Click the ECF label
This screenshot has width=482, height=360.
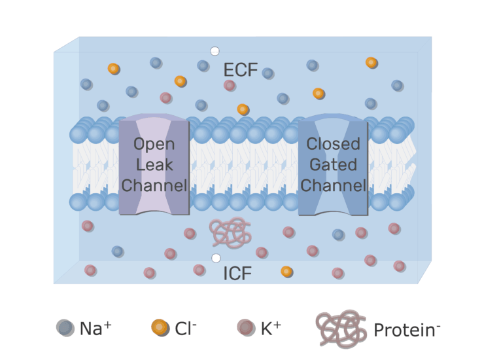point(241,70)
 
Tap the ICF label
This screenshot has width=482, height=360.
point(237,273)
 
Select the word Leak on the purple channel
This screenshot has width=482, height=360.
point(154,164)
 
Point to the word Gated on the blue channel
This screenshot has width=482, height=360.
point(334,164)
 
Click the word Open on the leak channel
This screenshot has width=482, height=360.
point(154,145)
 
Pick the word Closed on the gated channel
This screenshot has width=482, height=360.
point(334,144)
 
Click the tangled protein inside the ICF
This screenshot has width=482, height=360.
point(230,232)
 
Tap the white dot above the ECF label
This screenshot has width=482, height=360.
point(215,51)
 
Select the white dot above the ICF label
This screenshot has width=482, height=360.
point(216,258)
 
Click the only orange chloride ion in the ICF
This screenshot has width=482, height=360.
point(286,272)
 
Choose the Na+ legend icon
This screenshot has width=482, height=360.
point(65,328)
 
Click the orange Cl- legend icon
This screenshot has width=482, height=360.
point(160,328)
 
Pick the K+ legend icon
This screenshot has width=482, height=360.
point(246,328)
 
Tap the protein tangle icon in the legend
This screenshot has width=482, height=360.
point(341,329)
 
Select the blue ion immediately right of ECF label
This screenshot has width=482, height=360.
point(267,73)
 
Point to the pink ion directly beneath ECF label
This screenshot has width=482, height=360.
point(230,85)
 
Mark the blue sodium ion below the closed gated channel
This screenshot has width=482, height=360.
point(338,235)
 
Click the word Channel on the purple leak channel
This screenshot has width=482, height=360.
point(154,185)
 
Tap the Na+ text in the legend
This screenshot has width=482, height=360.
point(95,328)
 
